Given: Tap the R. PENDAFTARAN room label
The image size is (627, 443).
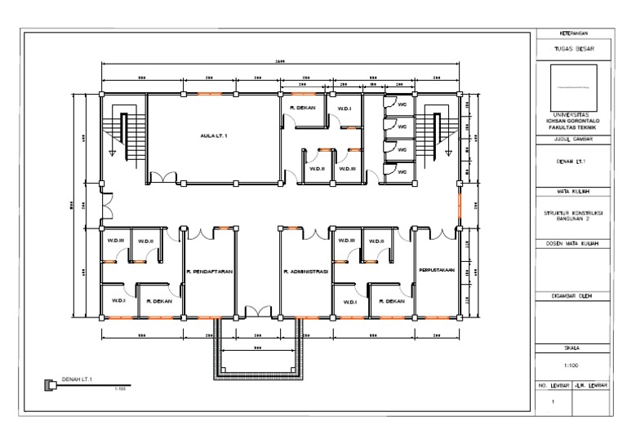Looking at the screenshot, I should coord(209,271).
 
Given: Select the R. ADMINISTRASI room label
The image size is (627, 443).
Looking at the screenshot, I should coord(305,271).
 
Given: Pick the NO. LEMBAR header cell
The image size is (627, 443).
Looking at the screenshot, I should coord(553,384).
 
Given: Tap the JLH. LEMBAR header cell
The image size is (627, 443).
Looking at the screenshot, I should coord(591,384).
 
